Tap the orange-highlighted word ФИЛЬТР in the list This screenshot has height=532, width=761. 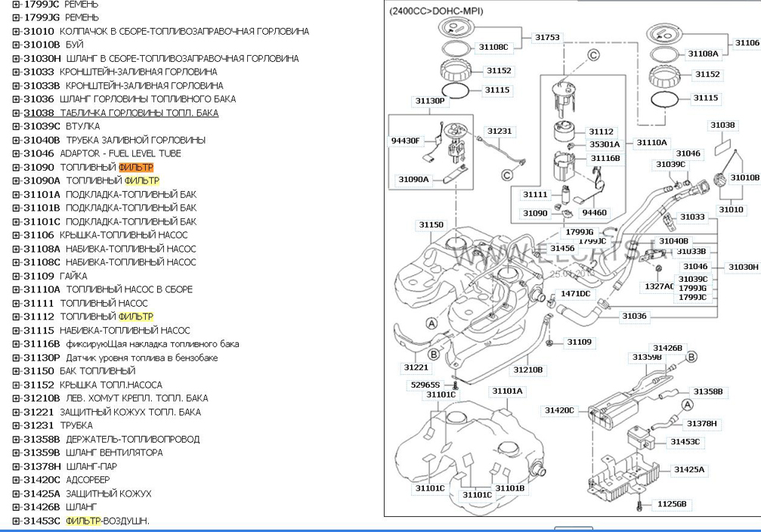(136, 167)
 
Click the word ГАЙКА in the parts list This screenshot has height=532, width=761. (73, 276)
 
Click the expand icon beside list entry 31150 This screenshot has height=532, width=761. (16, 371)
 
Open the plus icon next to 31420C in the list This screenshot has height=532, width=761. (16, 480)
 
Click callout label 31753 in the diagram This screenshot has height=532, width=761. (548, 37)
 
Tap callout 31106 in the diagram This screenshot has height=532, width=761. (747, 43)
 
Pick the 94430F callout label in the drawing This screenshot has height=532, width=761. (405, 141)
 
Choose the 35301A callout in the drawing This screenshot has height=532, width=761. (604, 144)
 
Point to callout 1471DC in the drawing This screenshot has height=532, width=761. (575, 293)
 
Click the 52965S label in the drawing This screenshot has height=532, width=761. (425, 384)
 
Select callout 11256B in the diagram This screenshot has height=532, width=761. (671, 503)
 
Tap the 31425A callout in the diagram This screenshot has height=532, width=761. (688, 469)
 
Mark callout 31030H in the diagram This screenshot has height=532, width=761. (743, 267)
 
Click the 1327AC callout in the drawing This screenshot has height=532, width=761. (658, 286)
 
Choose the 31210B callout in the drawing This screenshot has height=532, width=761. (528, 370)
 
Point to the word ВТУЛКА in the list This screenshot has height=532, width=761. (82, 126)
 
